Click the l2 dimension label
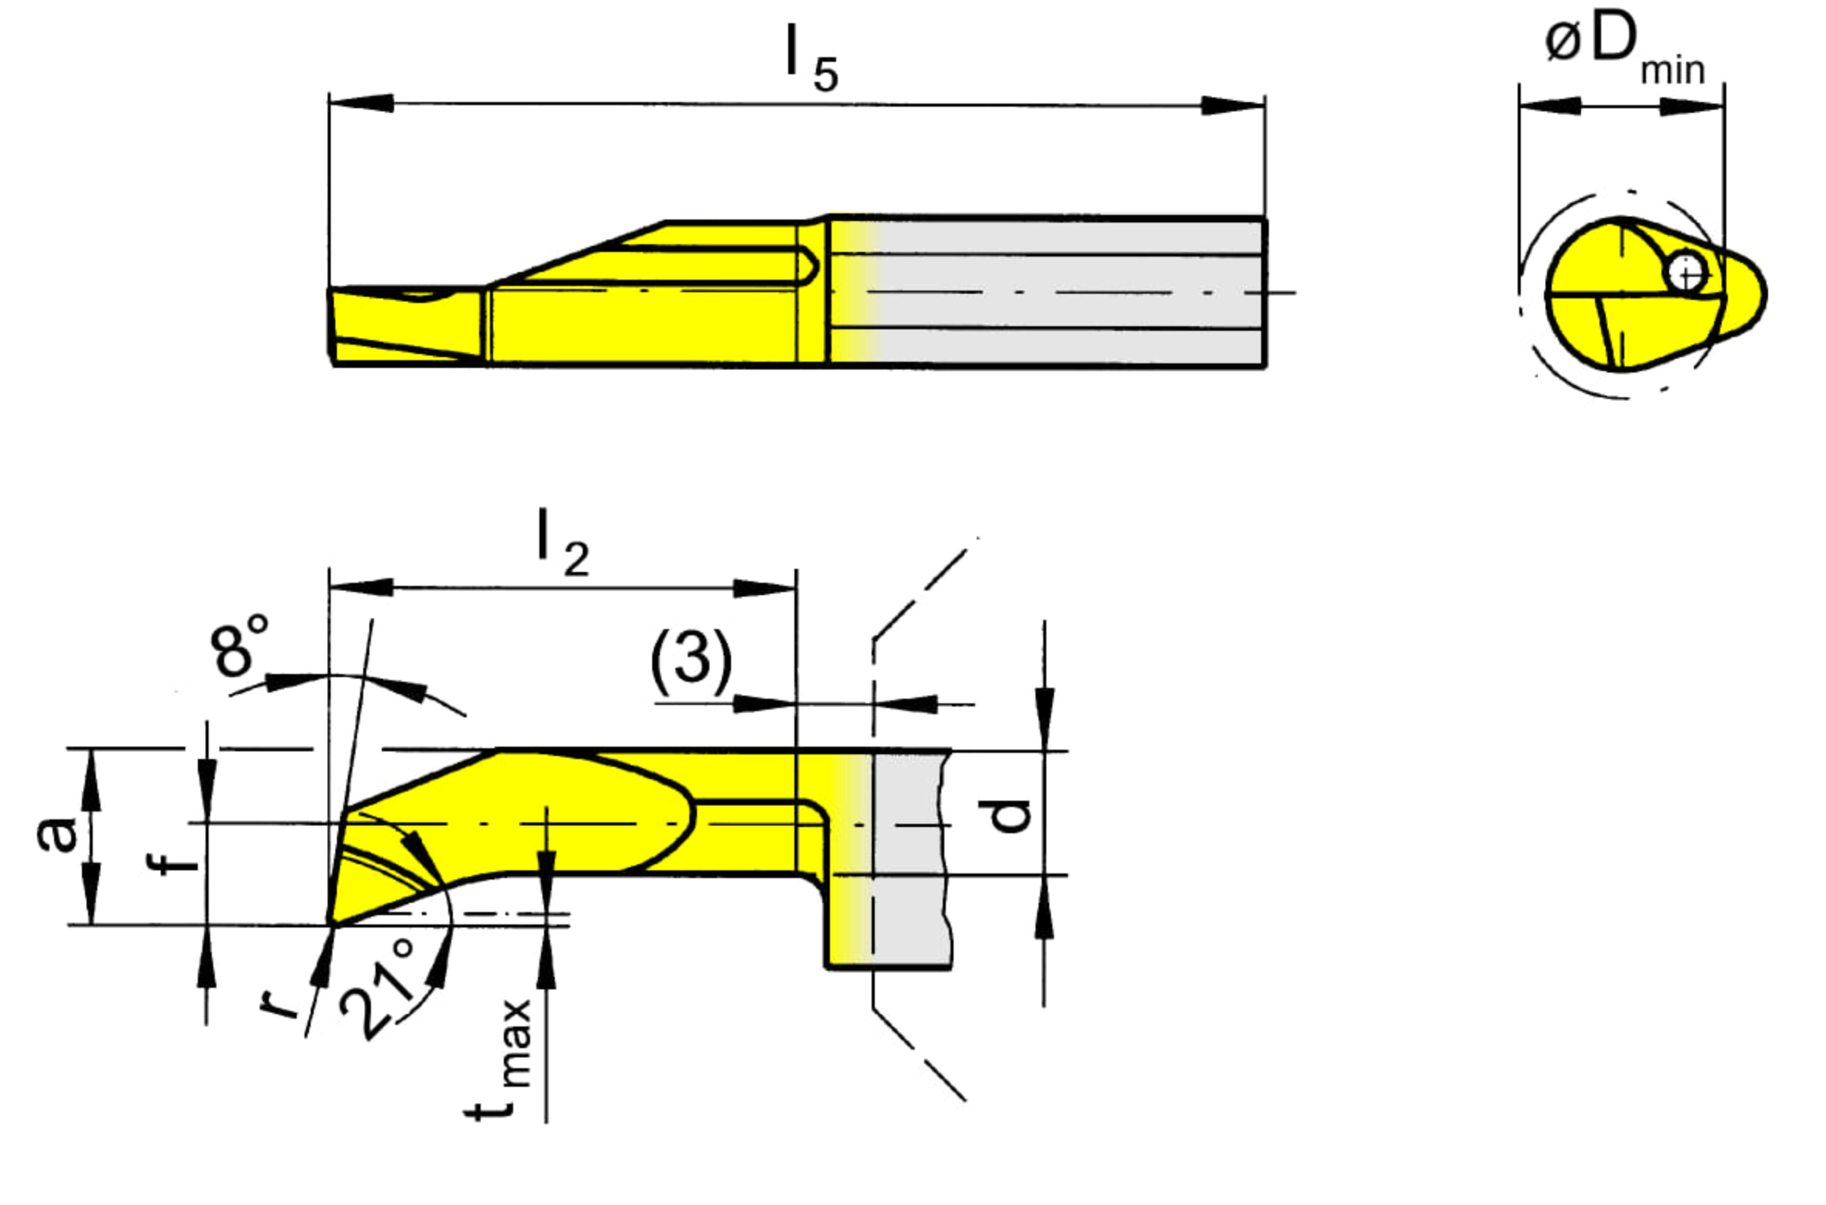point(563,543)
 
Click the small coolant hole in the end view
point(1685,271)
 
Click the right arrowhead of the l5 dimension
point(1233,106)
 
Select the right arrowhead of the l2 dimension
point(763,588)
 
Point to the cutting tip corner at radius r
point(332,924)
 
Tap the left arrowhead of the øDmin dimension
point(1550,106)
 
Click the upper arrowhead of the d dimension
point(1044,719)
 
